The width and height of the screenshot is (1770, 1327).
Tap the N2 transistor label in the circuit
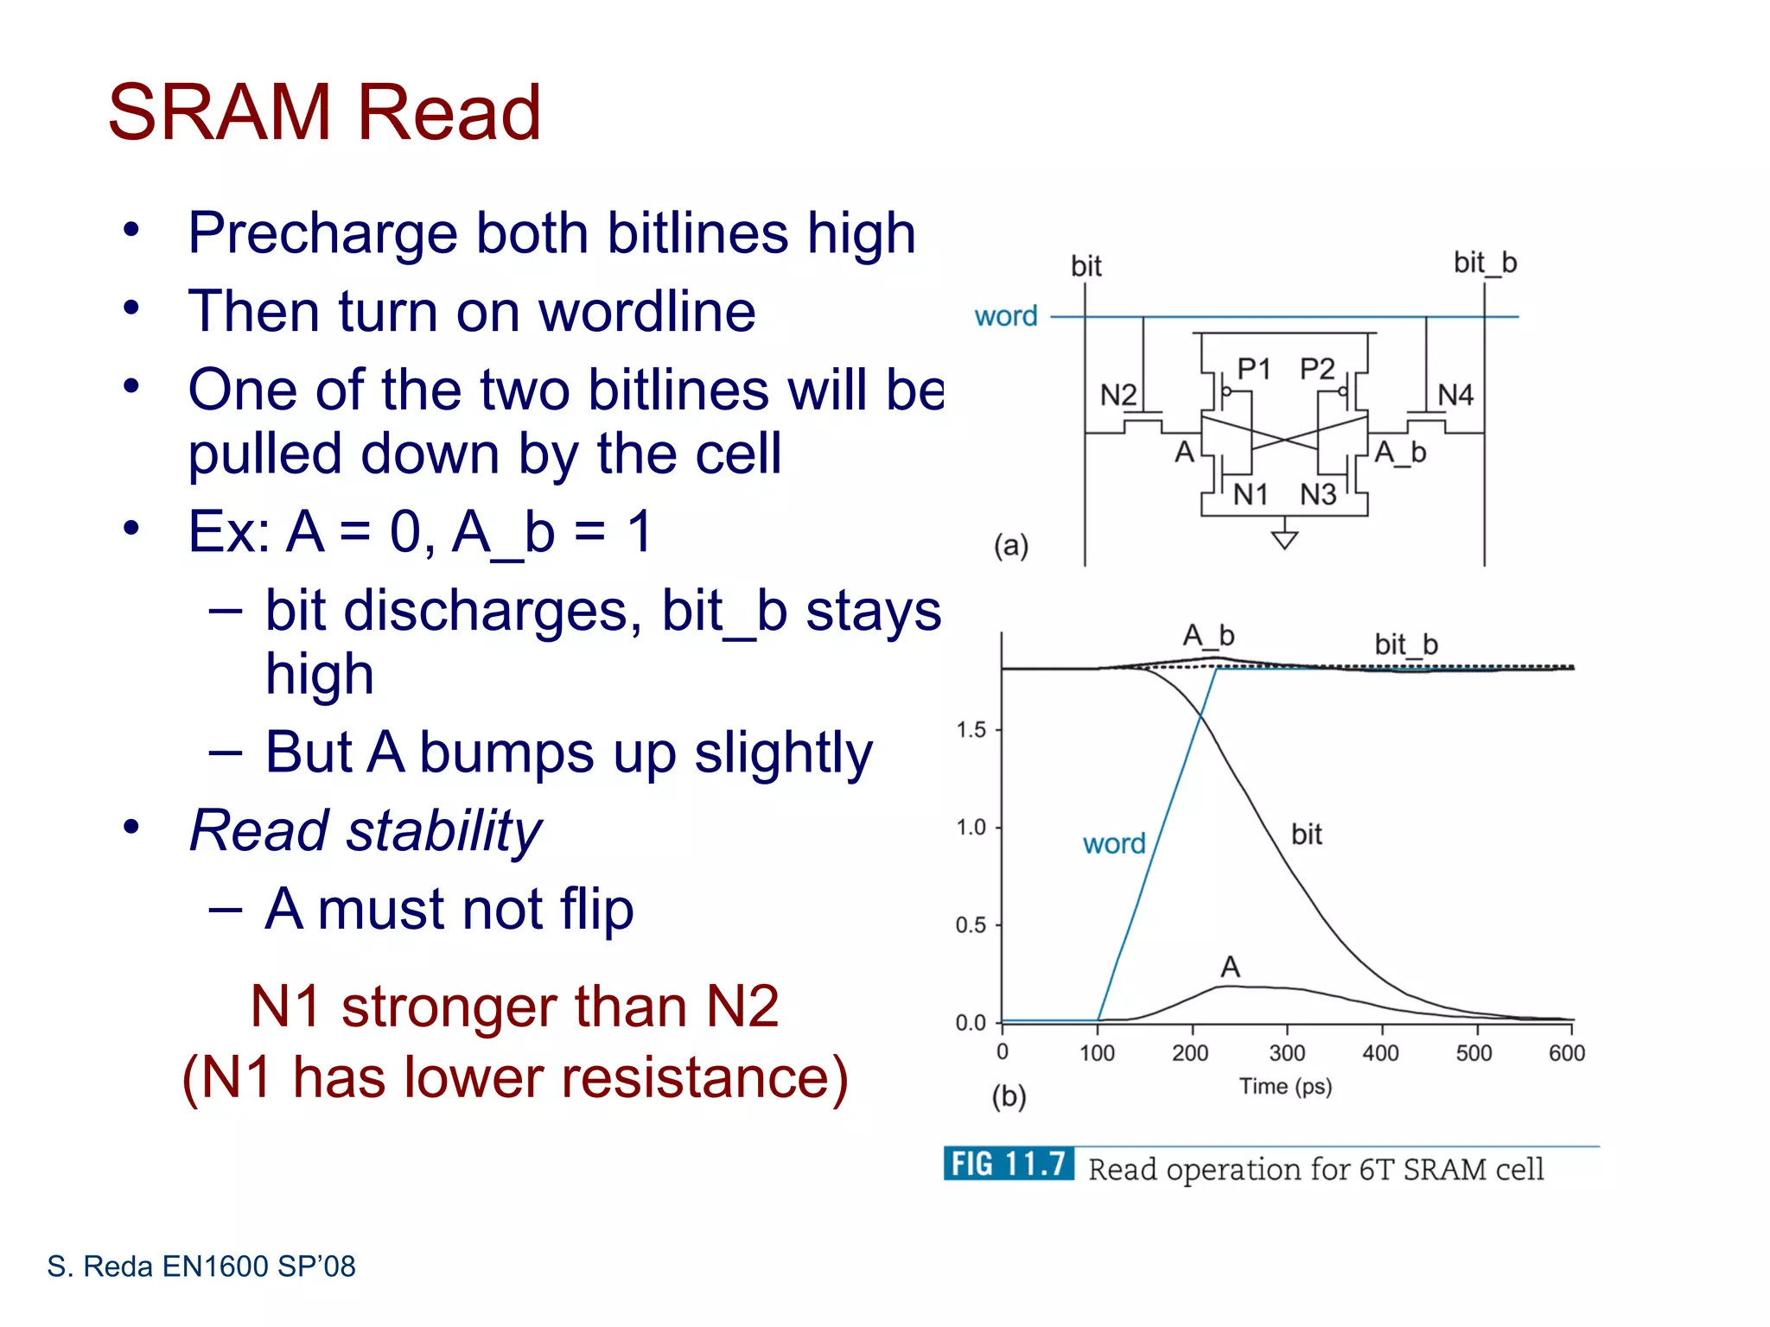click(1117, 396)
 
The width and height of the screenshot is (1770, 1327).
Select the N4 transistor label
click(1455, 396)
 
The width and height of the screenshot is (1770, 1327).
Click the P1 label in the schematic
click(1253, 369)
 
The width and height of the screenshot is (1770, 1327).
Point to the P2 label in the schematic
click(1317, 369)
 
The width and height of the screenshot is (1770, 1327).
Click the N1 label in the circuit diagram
click(1250, 495)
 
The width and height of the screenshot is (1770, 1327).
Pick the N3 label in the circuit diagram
click(1318, 495)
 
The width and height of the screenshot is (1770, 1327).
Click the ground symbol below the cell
click(1285, 539)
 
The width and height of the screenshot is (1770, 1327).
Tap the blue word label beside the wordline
click(1006, 316)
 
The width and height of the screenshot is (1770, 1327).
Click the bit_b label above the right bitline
click(1485, 263)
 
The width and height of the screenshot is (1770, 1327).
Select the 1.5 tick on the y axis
click(971, 730)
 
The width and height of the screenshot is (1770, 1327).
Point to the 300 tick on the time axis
click(1287, 1053)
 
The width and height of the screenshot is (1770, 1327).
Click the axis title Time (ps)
click(1285, 1087)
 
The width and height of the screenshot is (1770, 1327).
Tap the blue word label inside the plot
click(1114, 843)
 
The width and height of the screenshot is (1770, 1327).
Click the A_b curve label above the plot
click(1208, 636)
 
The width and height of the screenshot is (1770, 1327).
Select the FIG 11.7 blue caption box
click(1009, 1165)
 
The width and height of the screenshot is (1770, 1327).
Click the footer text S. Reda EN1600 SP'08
click(201, 1267)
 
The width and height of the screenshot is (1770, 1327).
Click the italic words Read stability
click(365, 830)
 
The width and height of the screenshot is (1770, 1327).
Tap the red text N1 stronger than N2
click(514, 1006)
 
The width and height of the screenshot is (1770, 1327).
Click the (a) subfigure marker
click(1010, 546)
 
